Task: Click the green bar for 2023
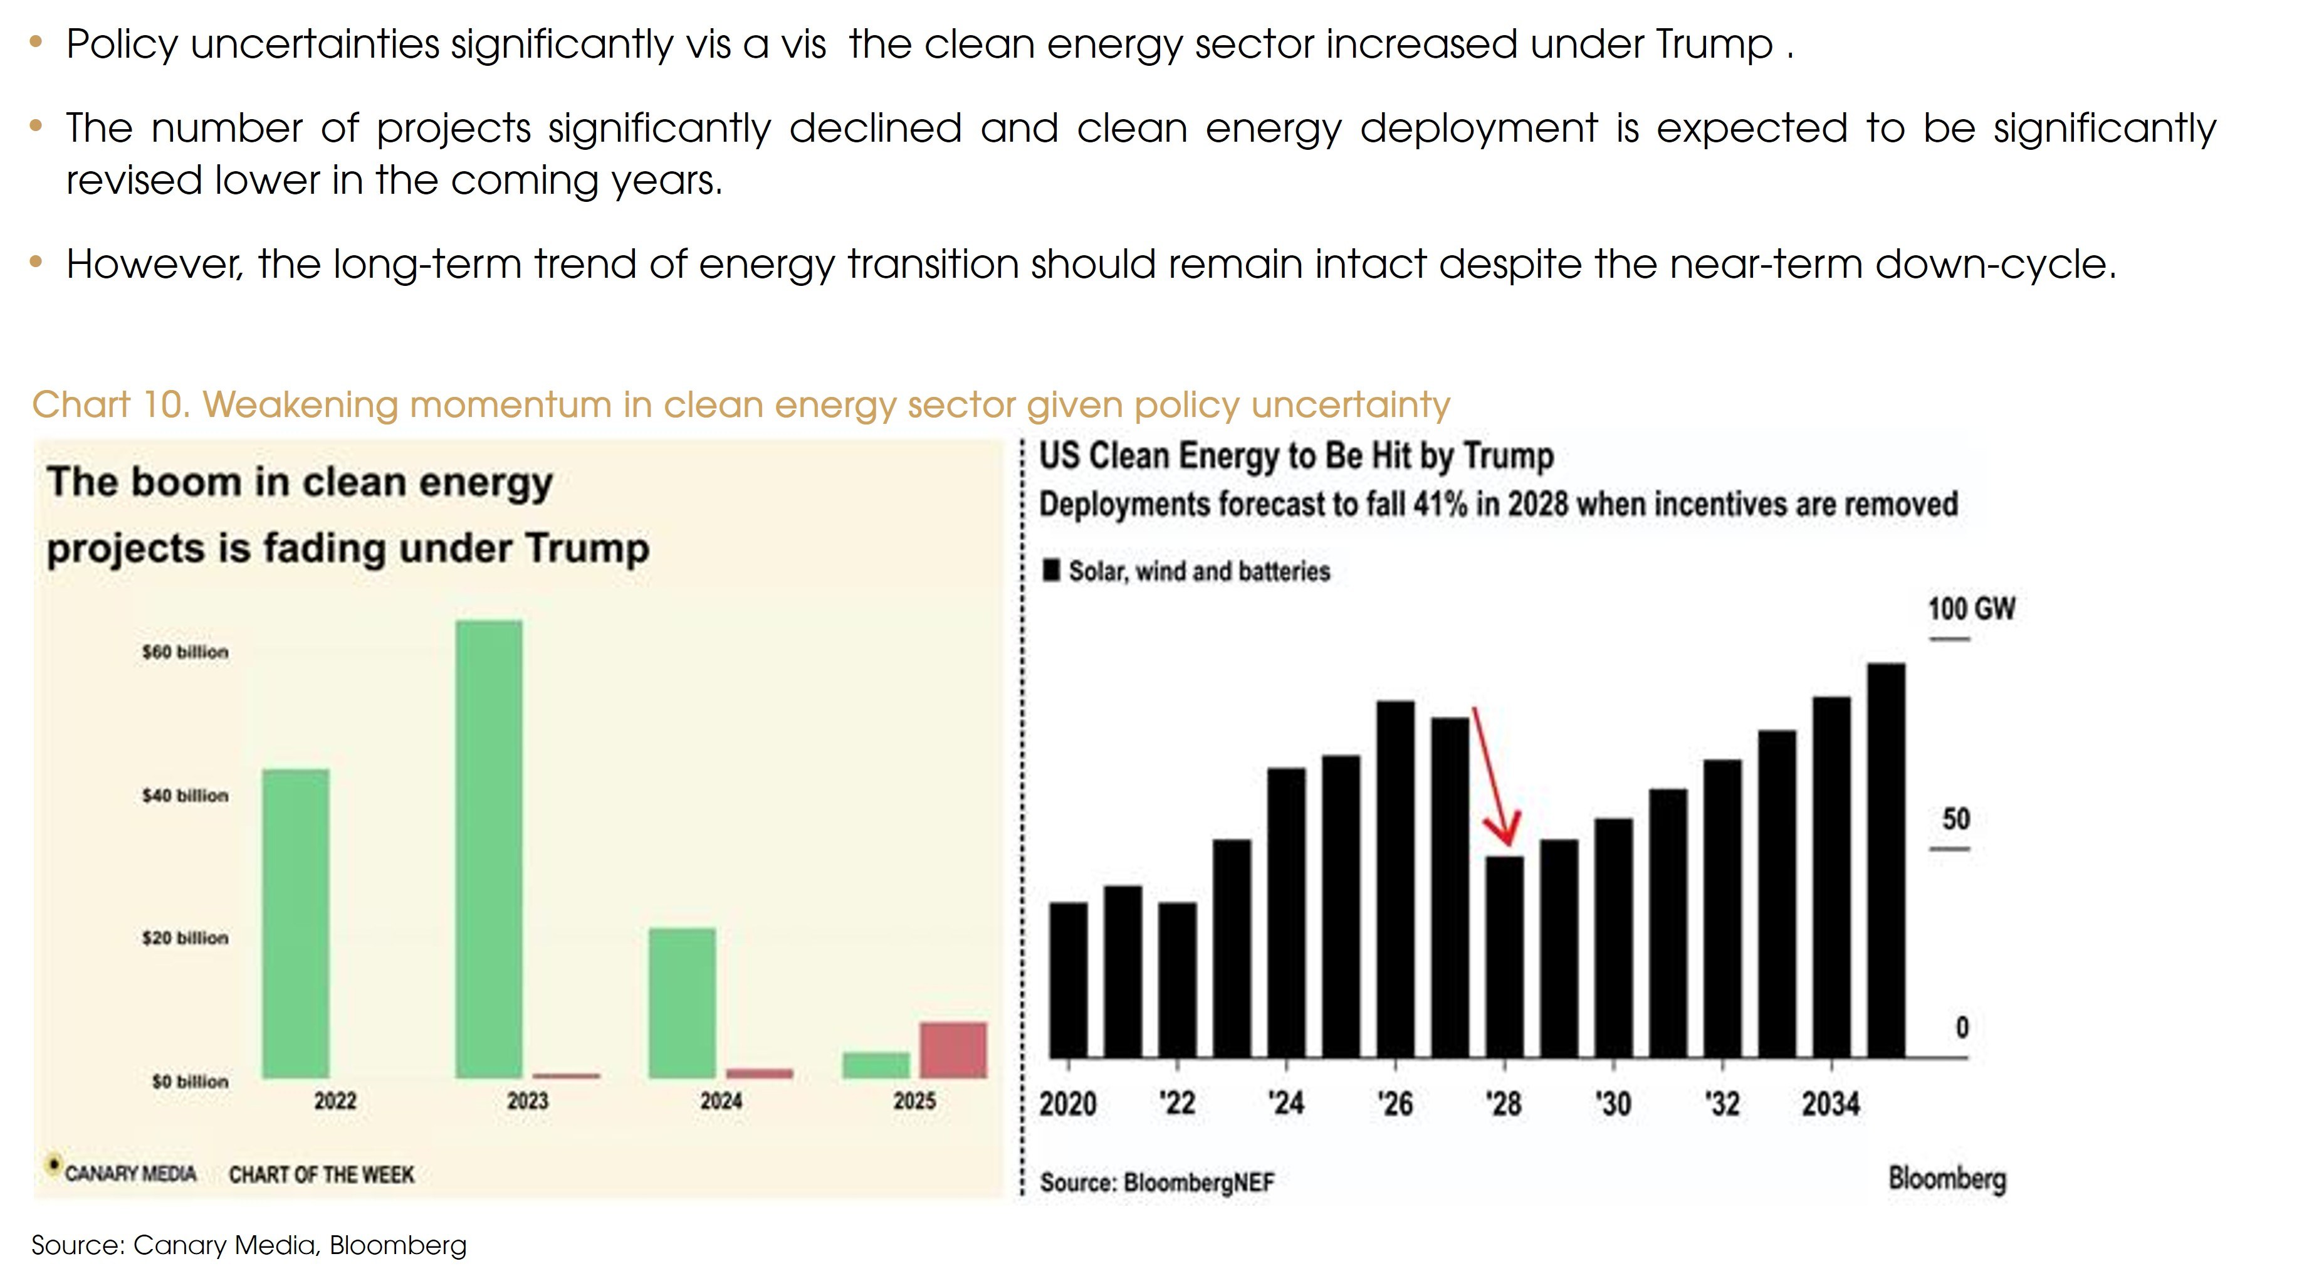coord(488,848)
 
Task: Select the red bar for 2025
coord(953,1050)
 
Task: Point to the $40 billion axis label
coord(185,796)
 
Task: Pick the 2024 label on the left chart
coord(721,1101)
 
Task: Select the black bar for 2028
coord(1505,957)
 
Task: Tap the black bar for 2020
coord(1069,979)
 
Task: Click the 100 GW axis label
coord(1971,609)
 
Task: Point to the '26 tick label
coord(1395,1104)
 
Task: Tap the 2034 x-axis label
coord(1831,1104)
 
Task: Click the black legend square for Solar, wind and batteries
coord(1051,571)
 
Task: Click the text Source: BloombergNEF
coord(1156,1182)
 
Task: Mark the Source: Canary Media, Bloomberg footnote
coord(249,1245)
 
